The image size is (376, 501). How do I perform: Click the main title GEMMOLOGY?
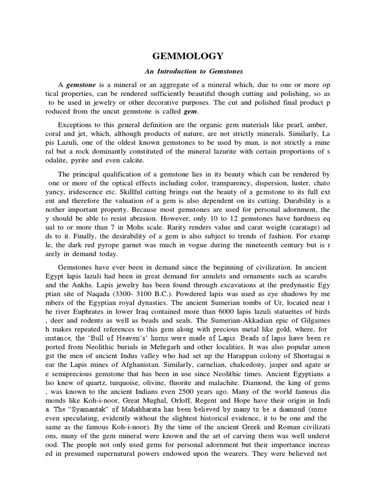pos(188,56)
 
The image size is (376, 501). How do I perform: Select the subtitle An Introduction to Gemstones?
pos(188,71)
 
